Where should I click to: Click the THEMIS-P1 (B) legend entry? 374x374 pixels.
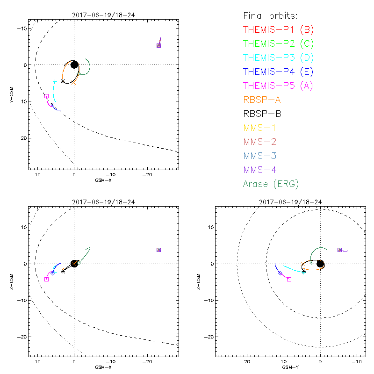(x=278, y=29)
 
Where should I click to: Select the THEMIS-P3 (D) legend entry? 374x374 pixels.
(x=278, y=58)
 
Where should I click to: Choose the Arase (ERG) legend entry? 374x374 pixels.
(x=271, y=184)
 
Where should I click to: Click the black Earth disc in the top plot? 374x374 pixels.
(x=74, y=65)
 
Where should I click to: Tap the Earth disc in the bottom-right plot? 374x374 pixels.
(x=320, y=264)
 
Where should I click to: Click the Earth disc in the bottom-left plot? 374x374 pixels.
(x=74, y=264)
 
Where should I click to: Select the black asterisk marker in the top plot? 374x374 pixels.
(x=63, y=81)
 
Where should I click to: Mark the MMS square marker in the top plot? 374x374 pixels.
(x=158, y=45)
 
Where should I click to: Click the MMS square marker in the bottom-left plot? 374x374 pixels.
(x=158, y=250)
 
